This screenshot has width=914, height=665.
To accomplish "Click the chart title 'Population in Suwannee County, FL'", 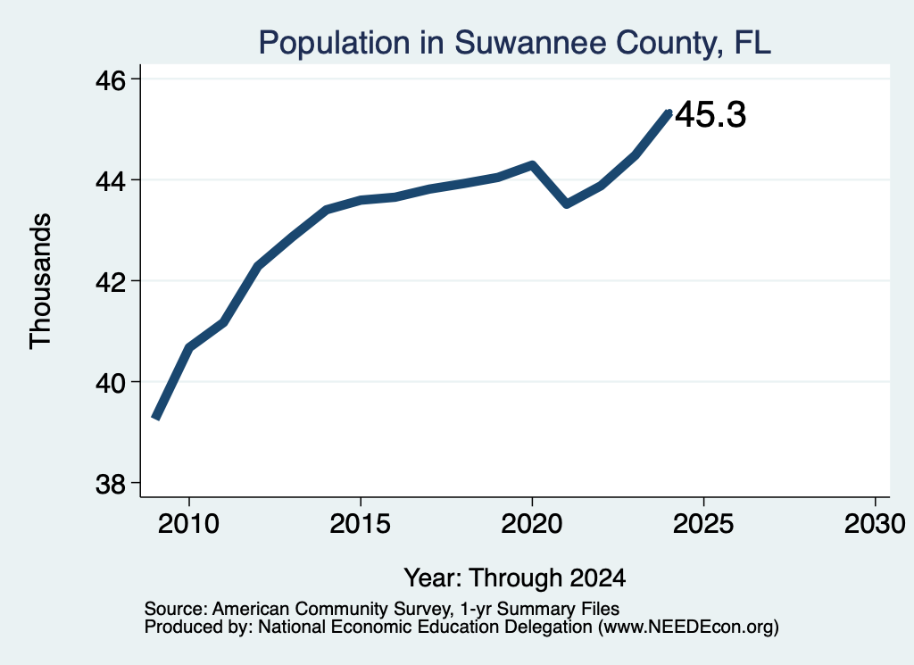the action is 515,43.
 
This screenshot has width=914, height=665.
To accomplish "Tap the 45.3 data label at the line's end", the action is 710,114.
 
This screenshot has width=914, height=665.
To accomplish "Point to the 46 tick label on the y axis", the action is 111,79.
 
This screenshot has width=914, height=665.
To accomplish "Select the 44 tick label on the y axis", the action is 111,181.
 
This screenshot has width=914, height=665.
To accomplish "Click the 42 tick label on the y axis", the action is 111,282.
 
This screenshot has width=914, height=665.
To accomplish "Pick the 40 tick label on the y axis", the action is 111,383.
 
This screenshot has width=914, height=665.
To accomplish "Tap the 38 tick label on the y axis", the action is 111,484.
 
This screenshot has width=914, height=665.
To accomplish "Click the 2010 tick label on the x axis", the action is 188,524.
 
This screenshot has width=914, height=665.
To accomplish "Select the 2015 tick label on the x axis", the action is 361,524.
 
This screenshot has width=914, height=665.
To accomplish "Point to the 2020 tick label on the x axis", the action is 532,524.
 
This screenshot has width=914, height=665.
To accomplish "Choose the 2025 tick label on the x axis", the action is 703,524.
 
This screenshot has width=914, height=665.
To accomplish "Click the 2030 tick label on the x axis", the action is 875,524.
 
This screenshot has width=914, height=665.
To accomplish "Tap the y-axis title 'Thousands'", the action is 40,281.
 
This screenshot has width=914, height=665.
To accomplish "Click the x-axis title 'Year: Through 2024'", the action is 515,578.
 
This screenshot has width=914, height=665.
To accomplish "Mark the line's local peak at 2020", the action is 532,164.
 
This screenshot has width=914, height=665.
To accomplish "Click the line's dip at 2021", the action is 567,204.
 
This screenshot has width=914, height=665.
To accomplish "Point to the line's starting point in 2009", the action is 155,418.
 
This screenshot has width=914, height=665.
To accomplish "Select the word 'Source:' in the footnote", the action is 176,609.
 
